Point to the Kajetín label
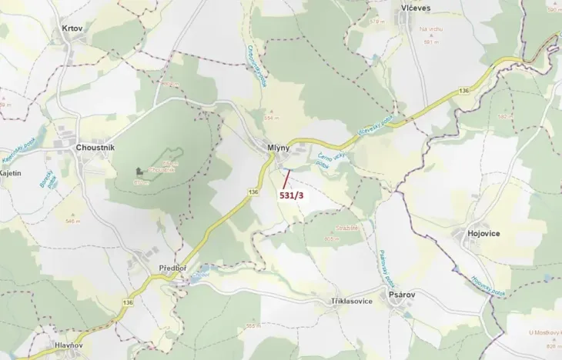tap(9, 175)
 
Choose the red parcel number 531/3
tap(291, 196)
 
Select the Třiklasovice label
tap(351, 301)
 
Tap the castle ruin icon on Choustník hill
tap(139, 171)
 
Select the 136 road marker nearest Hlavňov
tap(128, 302)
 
